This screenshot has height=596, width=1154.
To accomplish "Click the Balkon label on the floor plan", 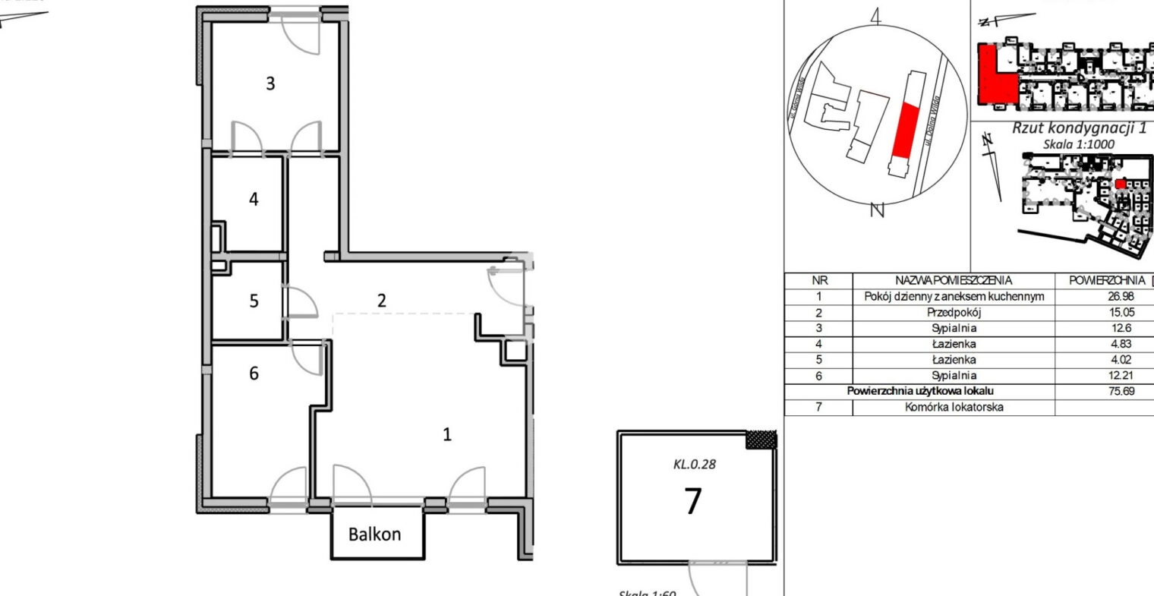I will point(374,534).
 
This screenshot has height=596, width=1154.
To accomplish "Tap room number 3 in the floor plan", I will point(270,84).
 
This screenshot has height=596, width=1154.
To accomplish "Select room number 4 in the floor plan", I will point(254,199).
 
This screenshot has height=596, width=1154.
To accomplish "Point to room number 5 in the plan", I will point(254,301).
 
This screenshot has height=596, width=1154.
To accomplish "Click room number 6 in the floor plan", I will point(254,373).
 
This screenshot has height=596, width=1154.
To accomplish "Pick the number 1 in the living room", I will point(447,434).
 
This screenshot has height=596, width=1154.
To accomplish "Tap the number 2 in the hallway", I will point(381,300).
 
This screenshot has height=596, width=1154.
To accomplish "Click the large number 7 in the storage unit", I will point(692,502).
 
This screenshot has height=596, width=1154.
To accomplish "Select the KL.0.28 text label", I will point(694,465).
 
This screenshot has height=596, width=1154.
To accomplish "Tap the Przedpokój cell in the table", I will point(954,312).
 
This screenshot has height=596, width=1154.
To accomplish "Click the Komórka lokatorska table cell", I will point(954,407).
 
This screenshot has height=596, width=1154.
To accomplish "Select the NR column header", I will point(818,280).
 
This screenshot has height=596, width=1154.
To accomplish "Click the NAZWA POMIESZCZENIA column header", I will point(954,280).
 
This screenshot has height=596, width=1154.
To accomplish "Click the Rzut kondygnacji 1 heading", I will point(1078,128).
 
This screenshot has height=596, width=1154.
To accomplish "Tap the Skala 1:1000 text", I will point(1079,143).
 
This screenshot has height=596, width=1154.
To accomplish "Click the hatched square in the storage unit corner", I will point(761,440).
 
